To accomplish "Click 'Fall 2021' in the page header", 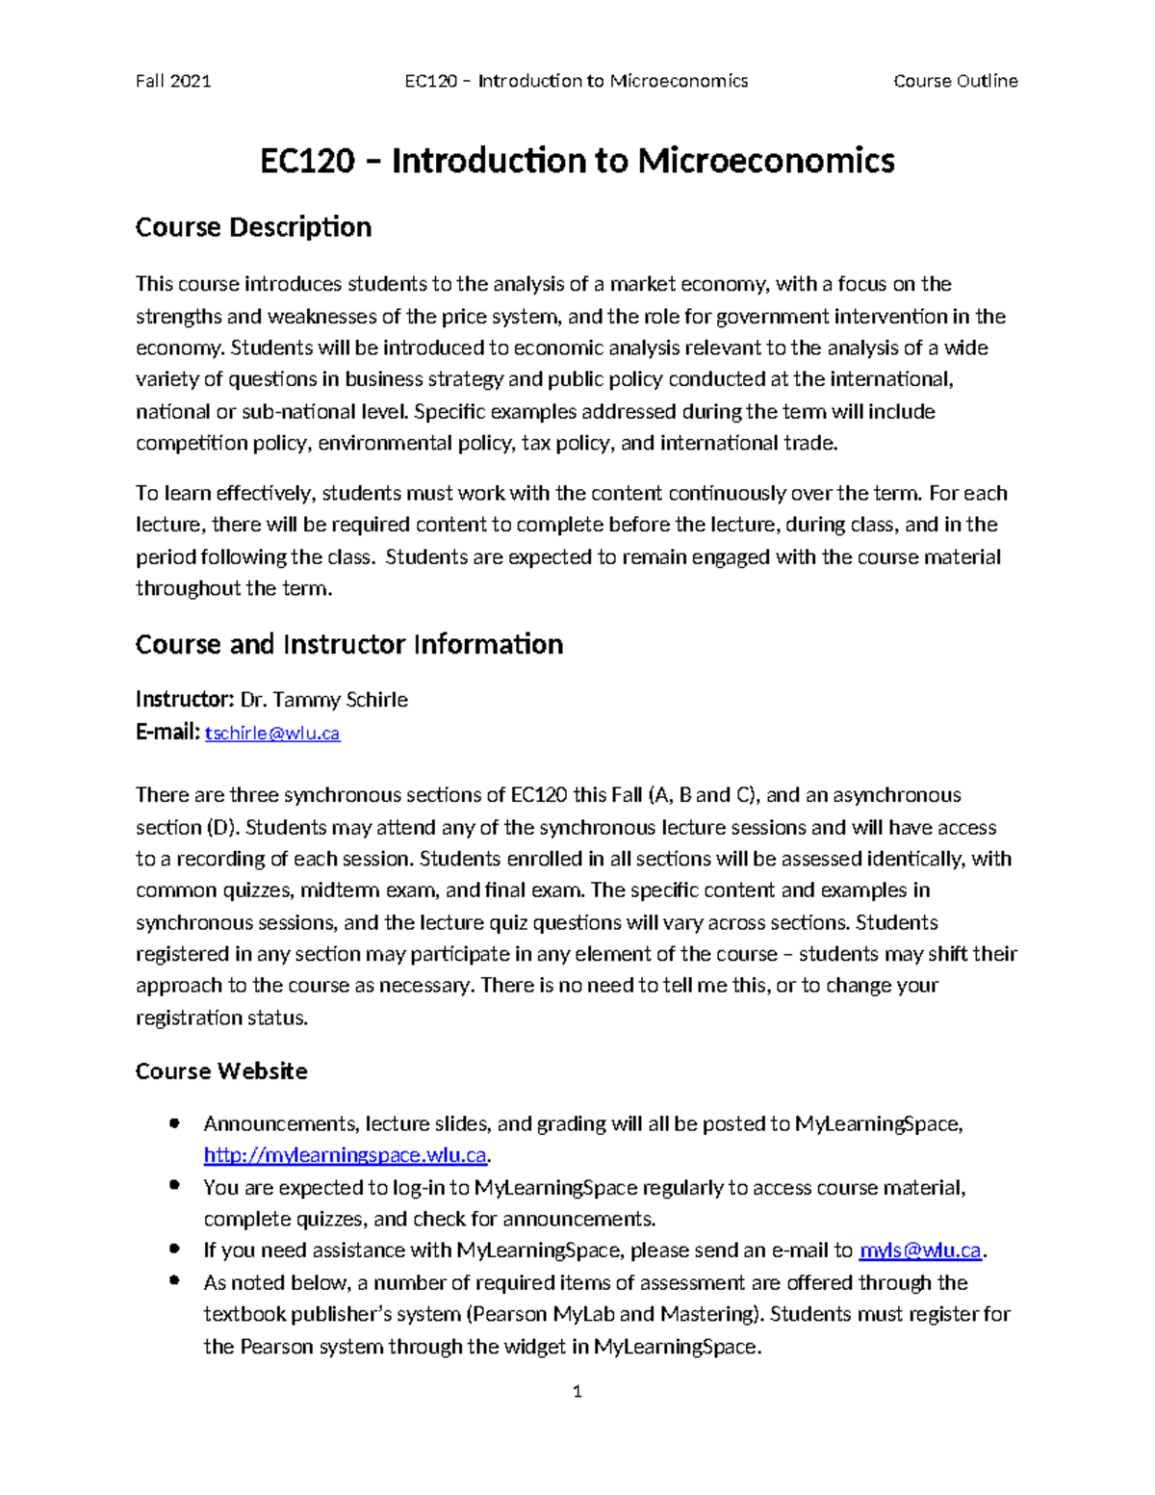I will click(173, 81).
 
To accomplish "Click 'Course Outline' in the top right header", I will click(955, 81).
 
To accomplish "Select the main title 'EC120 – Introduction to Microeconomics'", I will click(577, 160).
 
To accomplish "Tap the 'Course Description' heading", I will click(253, 227).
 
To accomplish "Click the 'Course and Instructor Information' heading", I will click(348, 644).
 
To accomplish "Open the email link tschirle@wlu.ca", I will click(273, 734).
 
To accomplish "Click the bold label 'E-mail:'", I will click(167, 734).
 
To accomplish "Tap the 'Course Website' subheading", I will click(221, 1071).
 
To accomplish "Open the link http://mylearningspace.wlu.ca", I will click(346, 1155).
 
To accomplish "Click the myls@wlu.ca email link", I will click(920, 1250).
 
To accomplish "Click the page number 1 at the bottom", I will click(577, 1391).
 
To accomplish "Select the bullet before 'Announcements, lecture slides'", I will click(174, 1123).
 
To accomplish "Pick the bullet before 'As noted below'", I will click(174, 1281).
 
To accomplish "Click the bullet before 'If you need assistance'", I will click(174, 1250).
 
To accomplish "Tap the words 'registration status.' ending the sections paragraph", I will click(222, 1018).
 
